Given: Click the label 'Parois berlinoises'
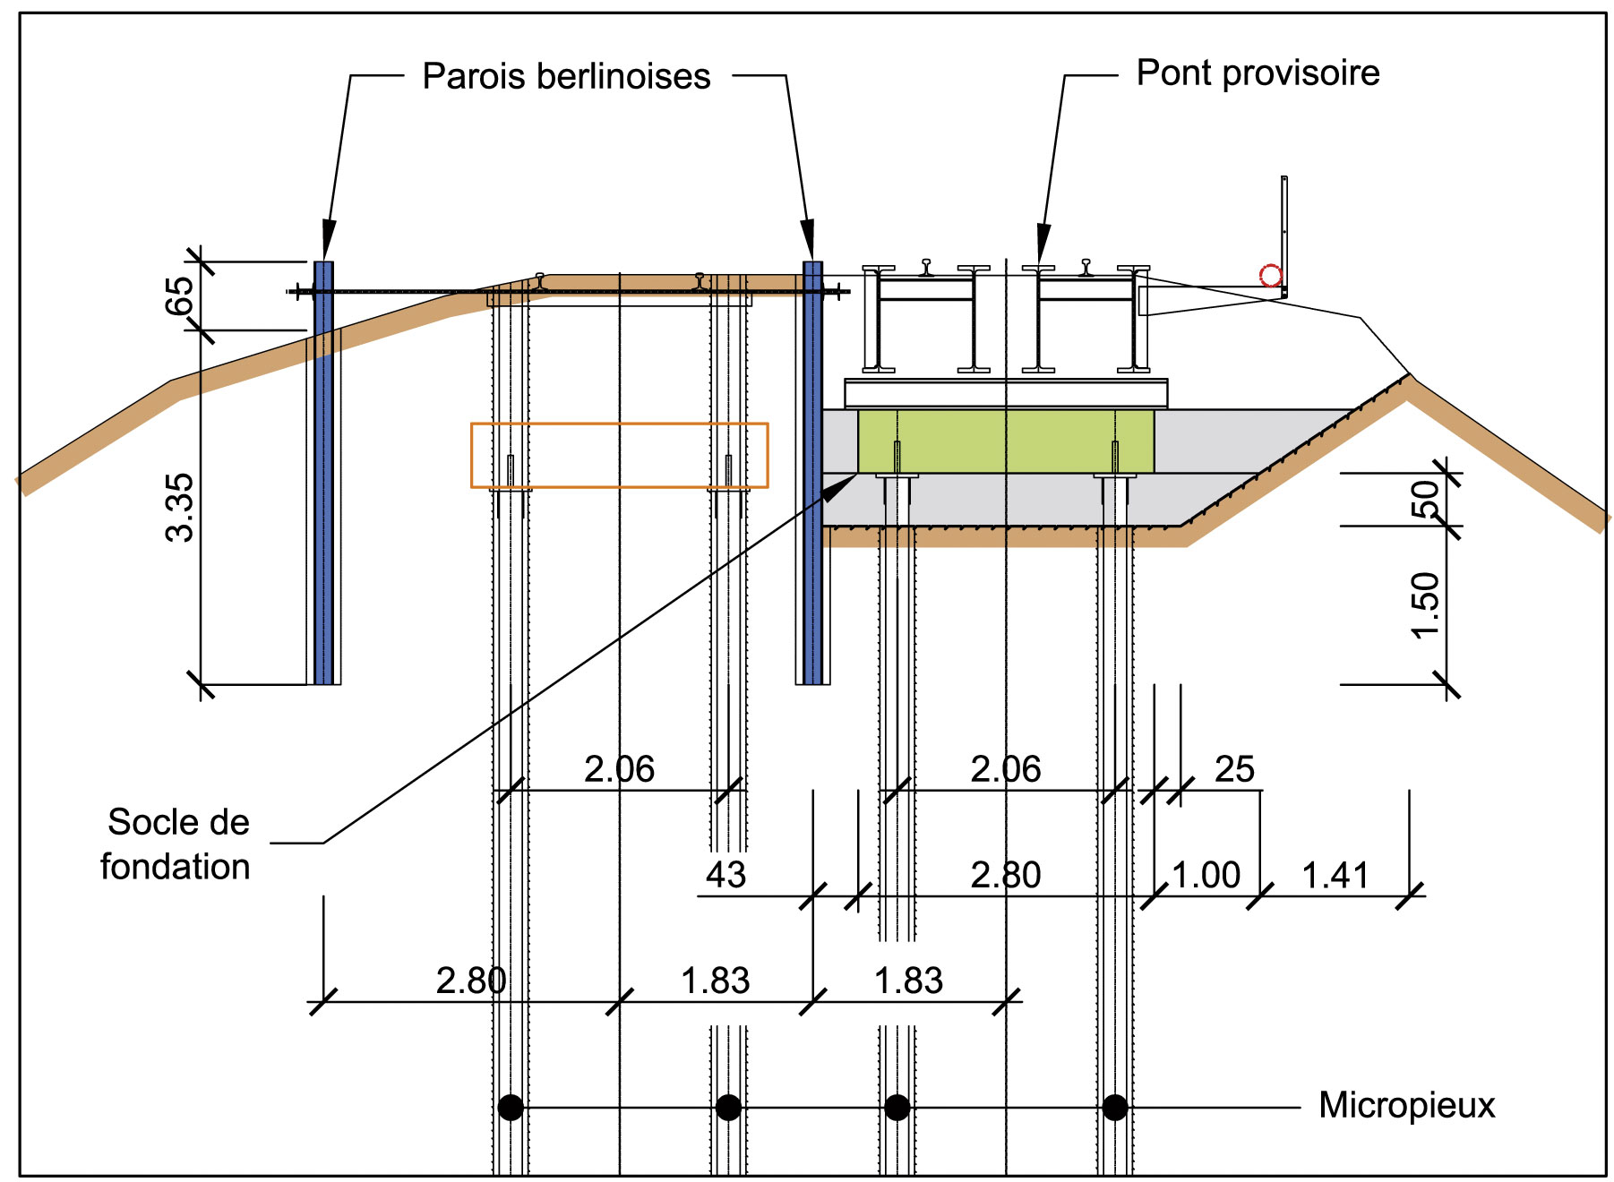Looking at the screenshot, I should pyautogui.click(x=566, y=77).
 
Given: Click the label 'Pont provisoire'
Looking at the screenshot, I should pyautogui.click(x=1257, y=73).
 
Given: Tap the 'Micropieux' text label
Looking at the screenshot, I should pyautogui.click(x=1406, y=1106).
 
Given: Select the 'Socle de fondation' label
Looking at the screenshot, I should pyautogui.click(x=176, y=844).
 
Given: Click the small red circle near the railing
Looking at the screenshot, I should pyautogui.click(x=1270, y=276).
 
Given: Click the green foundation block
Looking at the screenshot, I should pyautogui.click(x=1005, y=441).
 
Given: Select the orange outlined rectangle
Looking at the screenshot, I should pyautogui.click(x=619, y=424).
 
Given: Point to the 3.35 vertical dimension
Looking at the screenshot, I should pyautogui.click(x=180, y=507).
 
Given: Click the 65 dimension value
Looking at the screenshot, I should pyautogui.click(x=180, y=295).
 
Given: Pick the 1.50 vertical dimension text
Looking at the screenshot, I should pyautogui.click(x=1424, y=605).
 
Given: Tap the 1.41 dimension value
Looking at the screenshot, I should pyautogui.click(x=1335, y=876).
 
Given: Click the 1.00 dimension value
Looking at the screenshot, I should pyautogui.click(x=1206, y=876).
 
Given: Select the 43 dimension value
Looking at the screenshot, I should pyautogui.click(x=725, y=876).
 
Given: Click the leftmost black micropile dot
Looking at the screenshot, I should pyautogui.click(x=511, y=1108).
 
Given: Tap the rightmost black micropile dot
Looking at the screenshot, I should pyautogui.click(x=1115, y=1108).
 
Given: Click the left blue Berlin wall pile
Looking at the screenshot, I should pyautogui.click(x=323, y=475).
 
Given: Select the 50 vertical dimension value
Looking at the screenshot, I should pyautogui.click(x=1424, y=499).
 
